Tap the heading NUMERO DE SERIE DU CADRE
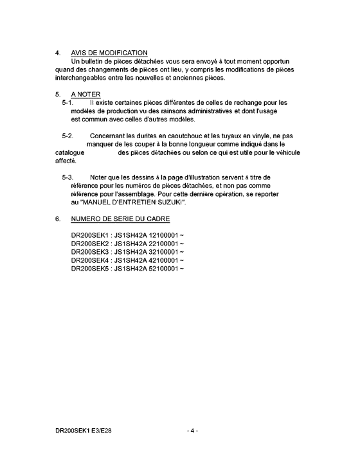coord(120,219)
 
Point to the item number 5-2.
coord(68,136)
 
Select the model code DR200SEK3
coord(89,253)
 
